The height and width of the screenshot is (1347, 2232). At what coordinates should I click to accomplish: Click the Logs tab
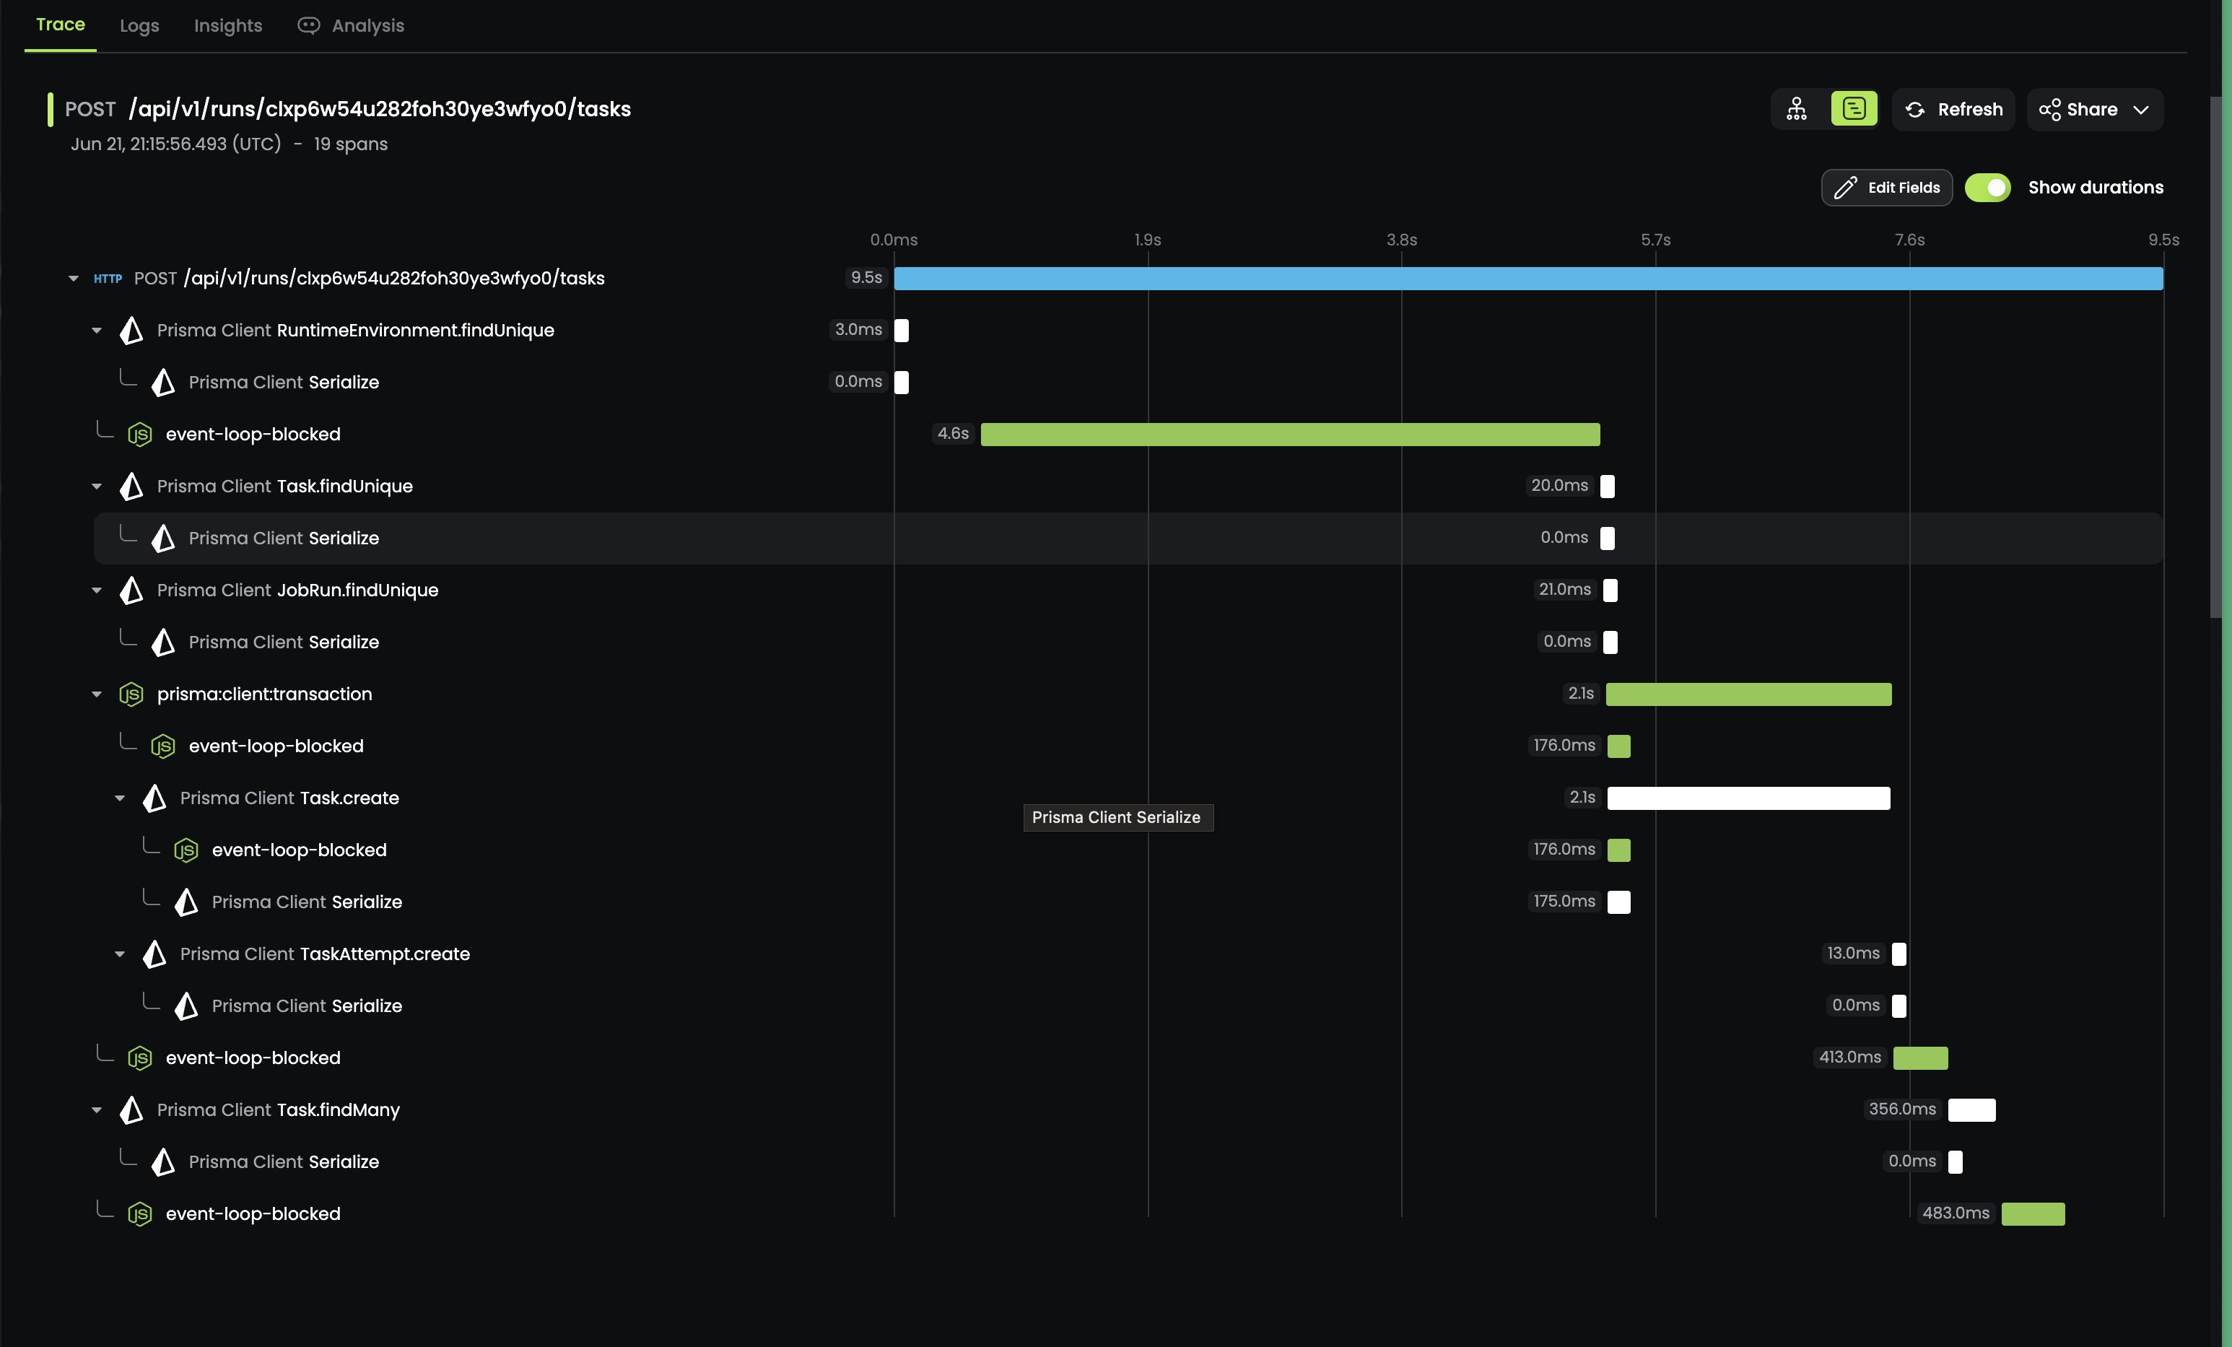coord(139,25)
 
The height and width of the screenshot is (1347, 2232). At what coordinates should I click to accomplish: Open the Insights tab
coord(227,25)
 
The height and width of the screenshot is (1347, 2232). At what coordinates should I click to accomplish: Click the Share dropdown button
coord(2093,110)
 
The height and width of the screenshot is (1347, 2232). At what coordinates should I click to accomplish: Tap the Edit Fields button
coord(1886,188)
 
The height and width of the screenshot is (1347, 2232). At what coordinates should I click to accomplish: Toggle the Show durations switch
coord(1987,188)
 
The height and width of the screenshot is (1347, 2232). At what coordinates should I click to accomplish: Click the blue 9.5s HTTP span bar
coord(1527,278)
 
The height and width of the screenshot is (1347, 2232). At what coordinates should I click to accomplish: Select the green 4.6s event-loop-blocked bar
coord(1289,434)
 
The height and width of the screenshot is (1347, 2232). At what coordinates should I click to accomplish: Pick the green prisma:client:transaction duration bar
coord(1748,694)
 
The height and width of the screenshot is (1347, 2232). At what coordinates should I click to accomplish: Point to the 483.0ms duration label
coord(1955,1213)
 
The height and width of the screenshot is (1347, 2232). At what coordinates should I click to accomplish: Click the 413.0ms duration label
coord(1849,1057)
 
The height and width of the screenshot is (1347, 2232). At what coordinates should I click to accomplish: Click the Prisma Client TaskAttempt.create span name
coord(324,954)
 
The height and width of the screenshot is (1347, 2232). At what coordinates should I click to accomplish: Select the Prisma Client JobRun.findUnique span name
coord(297,590)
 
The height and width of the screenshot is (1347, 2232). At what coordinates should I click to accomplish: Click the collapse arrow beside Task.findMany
coord(97,1110)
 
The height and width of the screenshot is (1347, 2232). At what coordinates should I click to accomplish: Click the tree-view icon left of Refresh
coord(1795,110)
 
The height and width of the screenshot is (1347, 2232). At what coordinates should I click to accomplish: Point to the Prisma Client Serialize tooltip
coord(1116,817)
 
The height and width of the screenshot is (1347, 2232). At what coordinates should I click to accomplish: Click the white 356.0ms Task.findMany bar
coord(1971,1110)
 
